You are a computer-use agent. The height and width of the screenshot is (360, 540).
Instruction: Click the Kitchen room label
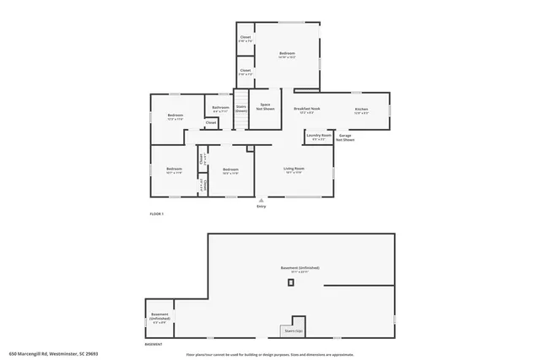coord(361,110)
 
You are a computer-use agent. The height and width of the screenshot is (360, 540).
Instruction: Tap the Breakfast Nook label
coord(306,110)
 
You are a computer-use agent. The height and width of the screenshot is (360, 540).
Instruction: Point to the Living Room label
coord(293,170)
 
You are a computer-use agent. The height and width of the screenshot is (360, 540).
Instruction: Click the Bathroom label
coord(221,109)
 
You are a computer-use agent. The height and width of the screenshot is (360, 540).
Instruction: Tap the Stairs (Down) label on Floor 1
coord(241,109)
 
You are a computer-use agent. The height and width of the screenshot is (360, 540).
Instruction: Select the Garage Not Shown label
coord(346,137)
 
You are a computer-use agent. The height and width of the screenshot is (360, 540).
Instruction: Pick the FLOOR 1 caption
coord(156,215)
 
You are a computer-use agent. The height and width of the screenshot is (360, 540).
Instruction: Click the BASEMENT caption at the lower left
coord(154,344)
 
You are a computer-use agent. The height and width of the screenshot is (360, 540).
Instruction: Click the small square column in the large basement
coord(291,282)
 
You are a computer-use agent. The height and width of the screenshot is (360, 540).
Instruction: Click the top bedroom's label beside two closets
coord(287,55)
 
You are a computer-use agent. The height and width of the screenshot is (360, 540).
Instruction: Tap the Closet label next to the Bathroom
coord(211,123)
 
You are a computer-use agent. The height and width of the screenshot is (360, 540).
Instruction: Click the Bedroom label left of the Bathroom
coord(175,116)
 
